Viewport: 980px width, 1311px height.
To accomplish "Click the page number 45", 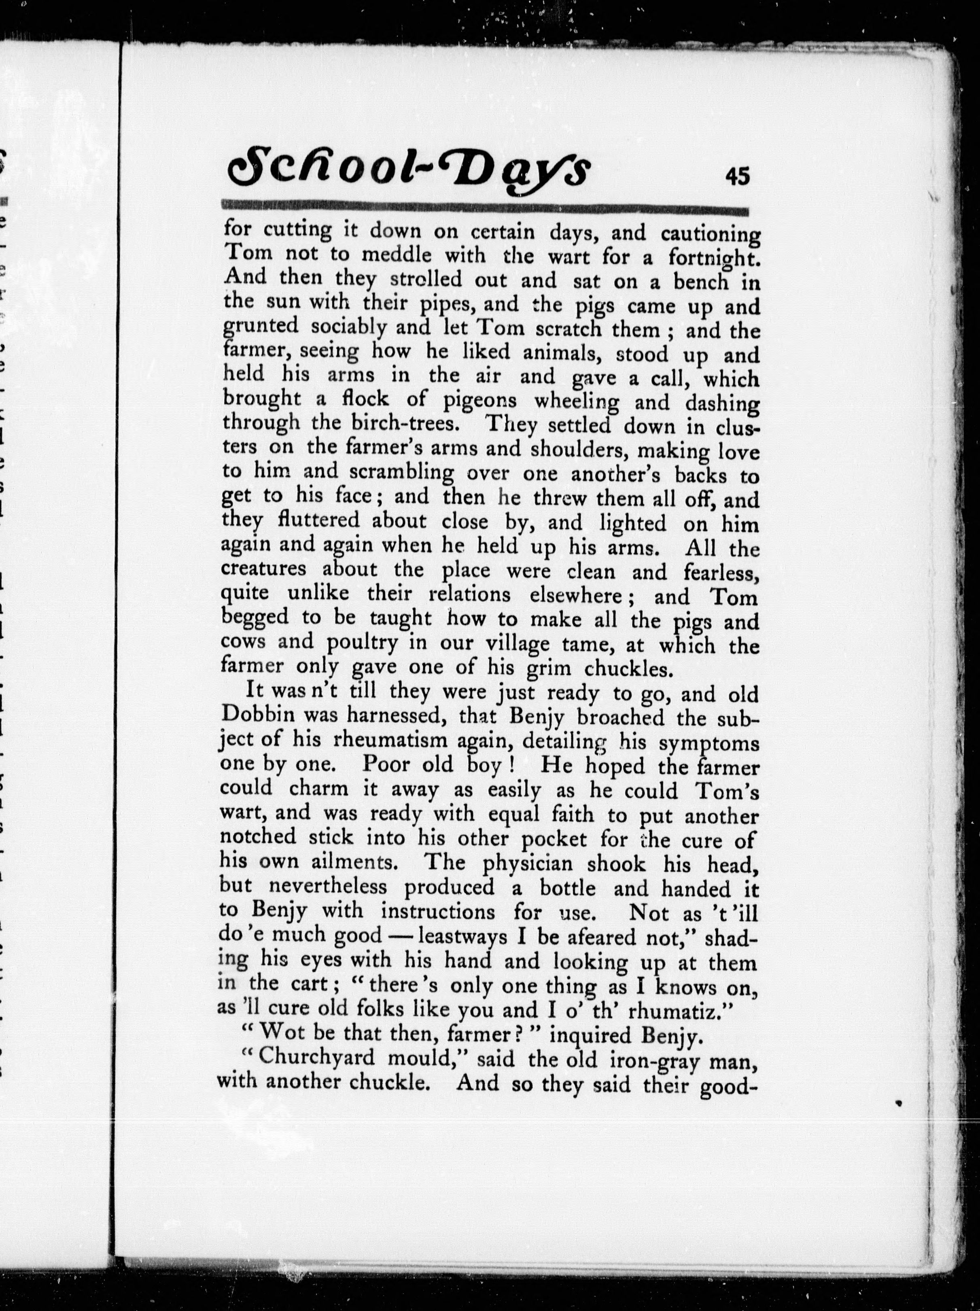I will tap(737, 176).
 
